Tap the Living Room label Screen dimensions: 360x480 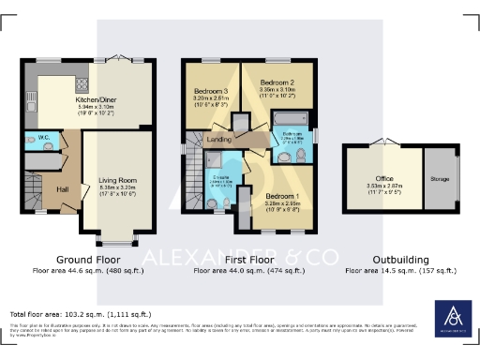click(117, 180)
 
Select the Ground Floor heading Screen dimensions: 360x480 click(85, 259)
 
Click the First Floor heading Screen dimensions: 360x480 click(248, 259)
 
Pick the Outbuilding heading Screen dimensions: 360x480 click(400, 259)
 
